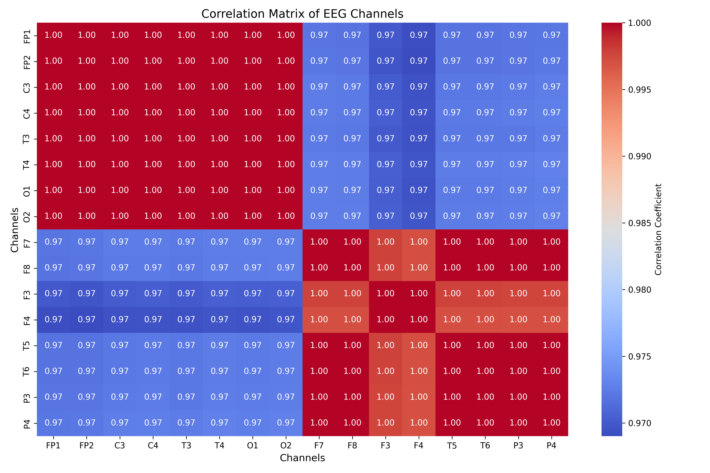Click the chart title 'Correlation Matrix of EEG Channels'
click(x=302, y=14)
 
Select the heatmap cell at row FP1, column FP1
click(x=53, y=35)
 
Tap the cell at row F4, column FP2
click(x=87, y=320)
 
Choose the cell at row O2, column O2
click(x=286, y=216)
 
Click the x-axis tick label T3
click(x=186, y=446)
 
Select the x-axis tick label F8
click(x=352, y=446)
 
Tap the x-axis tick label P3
click(x=518, y=446)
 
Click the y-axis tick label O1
click(x=27, y=191)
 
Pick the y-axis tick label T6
click(x=27, y=371)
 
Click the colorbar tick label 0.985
click(x=639, y=223)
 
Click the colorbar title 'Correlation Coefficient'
click(x=658, y=229)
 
